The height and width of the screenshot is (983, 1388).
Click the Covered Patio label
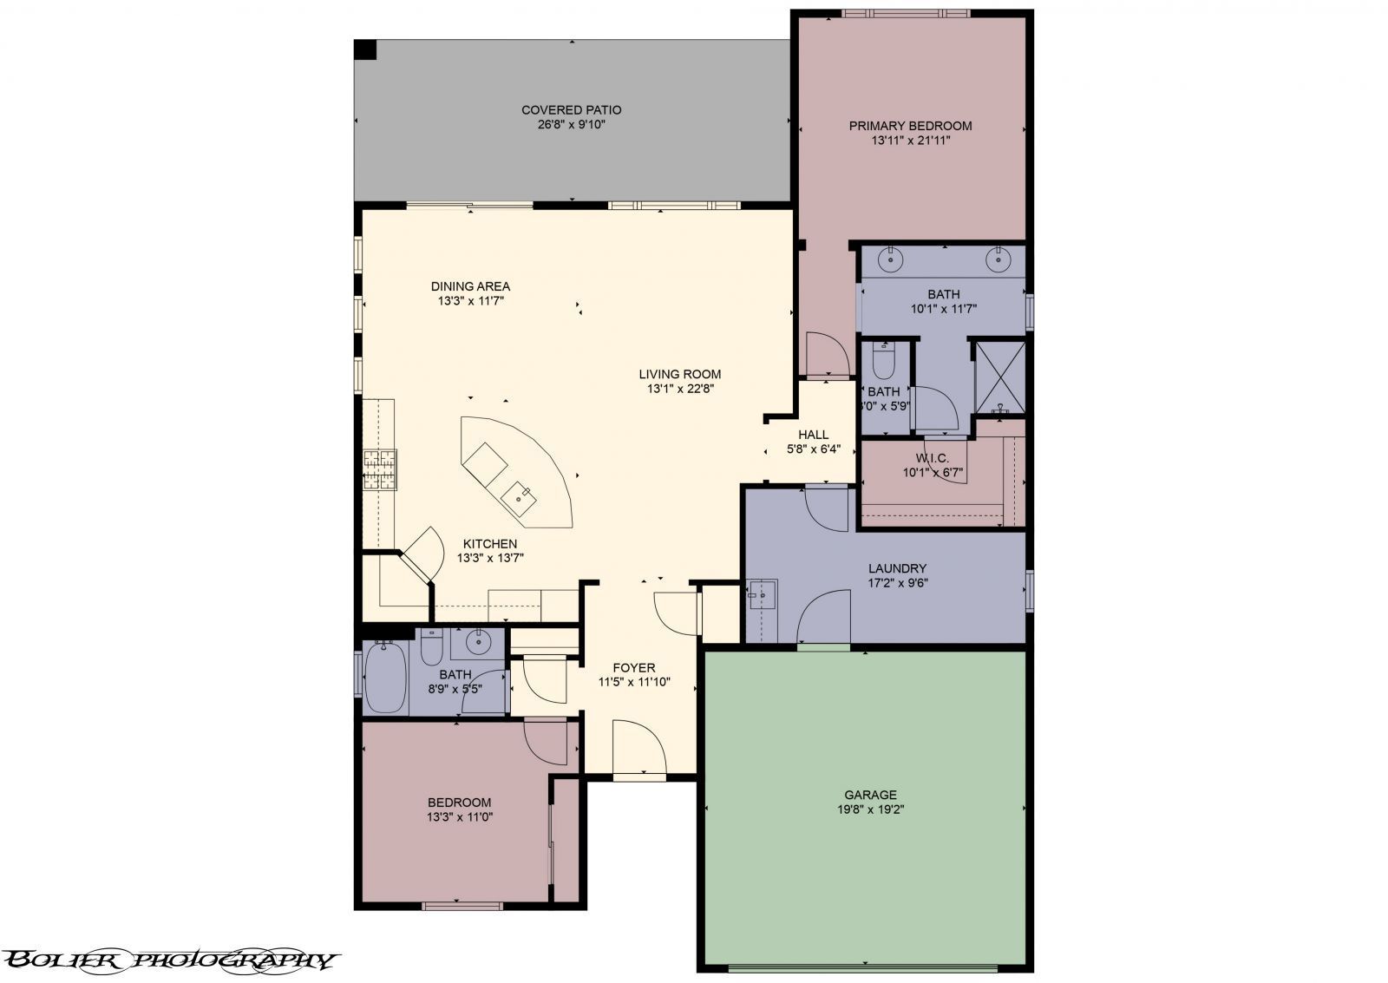571,110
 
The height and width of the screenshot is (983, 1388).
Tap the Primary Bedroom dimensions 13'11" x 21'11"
911,140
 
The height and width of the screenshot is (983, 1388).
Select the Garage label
870,795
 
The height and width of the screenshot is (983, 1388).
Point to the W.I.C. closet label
933,458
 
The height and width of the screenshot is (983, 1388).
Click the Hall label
813,435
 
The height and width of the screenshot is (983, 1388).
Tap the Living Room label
680,375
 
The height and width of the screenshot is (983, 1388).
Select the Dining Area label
470,286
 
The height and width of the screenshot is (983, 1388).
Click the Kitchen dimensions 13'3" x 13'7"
490,558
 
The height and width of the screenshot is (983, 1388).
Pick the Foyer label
634,668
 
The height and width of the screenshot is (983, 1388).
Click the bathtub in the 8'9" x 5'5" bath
384,678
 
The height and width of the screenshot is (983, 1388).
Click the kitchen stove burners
379,470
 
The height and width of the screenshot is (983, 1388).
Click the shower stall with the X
1000,377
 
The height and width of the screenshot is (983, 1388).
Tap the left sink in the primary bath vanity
891,258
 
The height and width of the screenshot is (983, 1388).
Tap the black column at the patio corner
366,49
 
